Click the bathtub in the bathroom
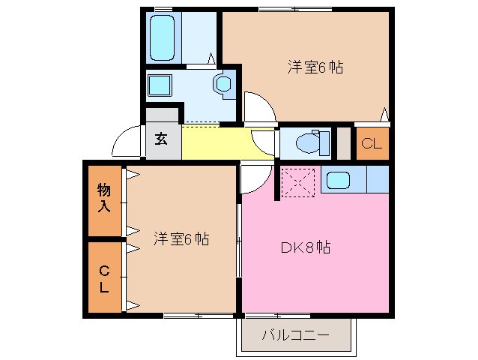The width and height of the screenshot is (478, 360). pyautogui.click(x=163, y=37)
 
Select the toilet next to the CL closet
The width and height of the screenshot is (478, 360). pyautogui.click(x=311, y=142)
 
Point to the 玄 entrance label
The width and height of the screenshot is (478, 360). pyautogui.click(x=163, y=139)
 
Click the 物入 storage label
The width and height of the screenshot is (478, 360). pyautogui.click(x=104, y=198)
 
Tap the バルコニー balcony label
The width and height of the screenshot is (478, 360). pyautogui.click(x=295, y=334)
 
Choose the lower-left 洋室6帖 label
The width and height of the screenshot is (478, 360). pyautogui.click(x=181, y=239)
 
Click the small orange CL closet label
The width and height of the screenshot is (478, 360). pyautogui.click(x=372, y=144)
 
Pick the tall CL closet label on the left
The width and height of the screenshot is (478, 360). pyautogui.click(x=104, y=277)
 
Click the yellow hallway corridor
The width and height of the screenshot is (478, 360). pyautogui.click(x=217, y=142)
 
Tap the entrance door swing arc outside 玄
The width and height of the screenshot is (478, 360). pyautogui.click(x=127, y=140)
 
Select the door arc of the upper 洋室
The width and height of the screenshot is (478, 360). pyautogui.click(x=257, y=107)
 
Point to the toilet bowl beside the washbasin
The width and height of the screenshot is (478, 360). pyautogui.click(x=223, y=85)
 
